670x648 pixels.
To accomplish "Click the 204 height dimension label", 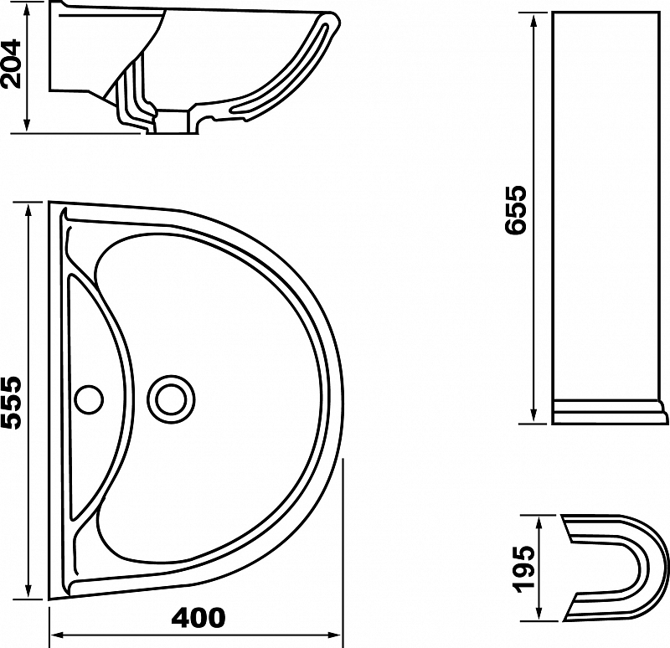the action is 11,64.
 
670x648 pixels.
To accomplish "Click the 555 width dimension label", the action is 11,403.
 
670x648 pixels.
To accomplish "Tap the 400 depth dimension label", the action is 198,618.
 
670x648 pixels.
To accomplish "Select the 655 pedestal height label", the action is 515,210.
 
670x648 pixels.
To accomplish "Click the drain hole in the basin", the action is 171,400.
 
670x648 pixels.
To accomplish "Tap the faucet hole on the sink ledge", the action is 89,399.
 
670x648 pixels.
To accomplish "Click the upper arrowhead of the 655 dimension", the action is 533,23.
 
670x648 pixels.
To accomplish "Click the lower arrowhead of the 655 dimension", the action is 533,414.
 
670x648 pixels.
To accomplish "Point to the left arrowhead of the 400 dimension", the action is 59,635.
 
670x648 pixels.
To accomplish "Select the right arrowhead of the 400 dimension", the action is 333,635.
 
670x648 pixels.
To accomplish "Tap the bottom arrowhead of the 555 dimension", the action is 28,589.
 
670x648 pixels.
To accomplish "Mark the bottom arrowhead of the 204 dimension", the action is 27,123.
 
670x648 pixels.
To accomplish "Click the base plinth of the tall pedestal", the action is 610,412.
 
